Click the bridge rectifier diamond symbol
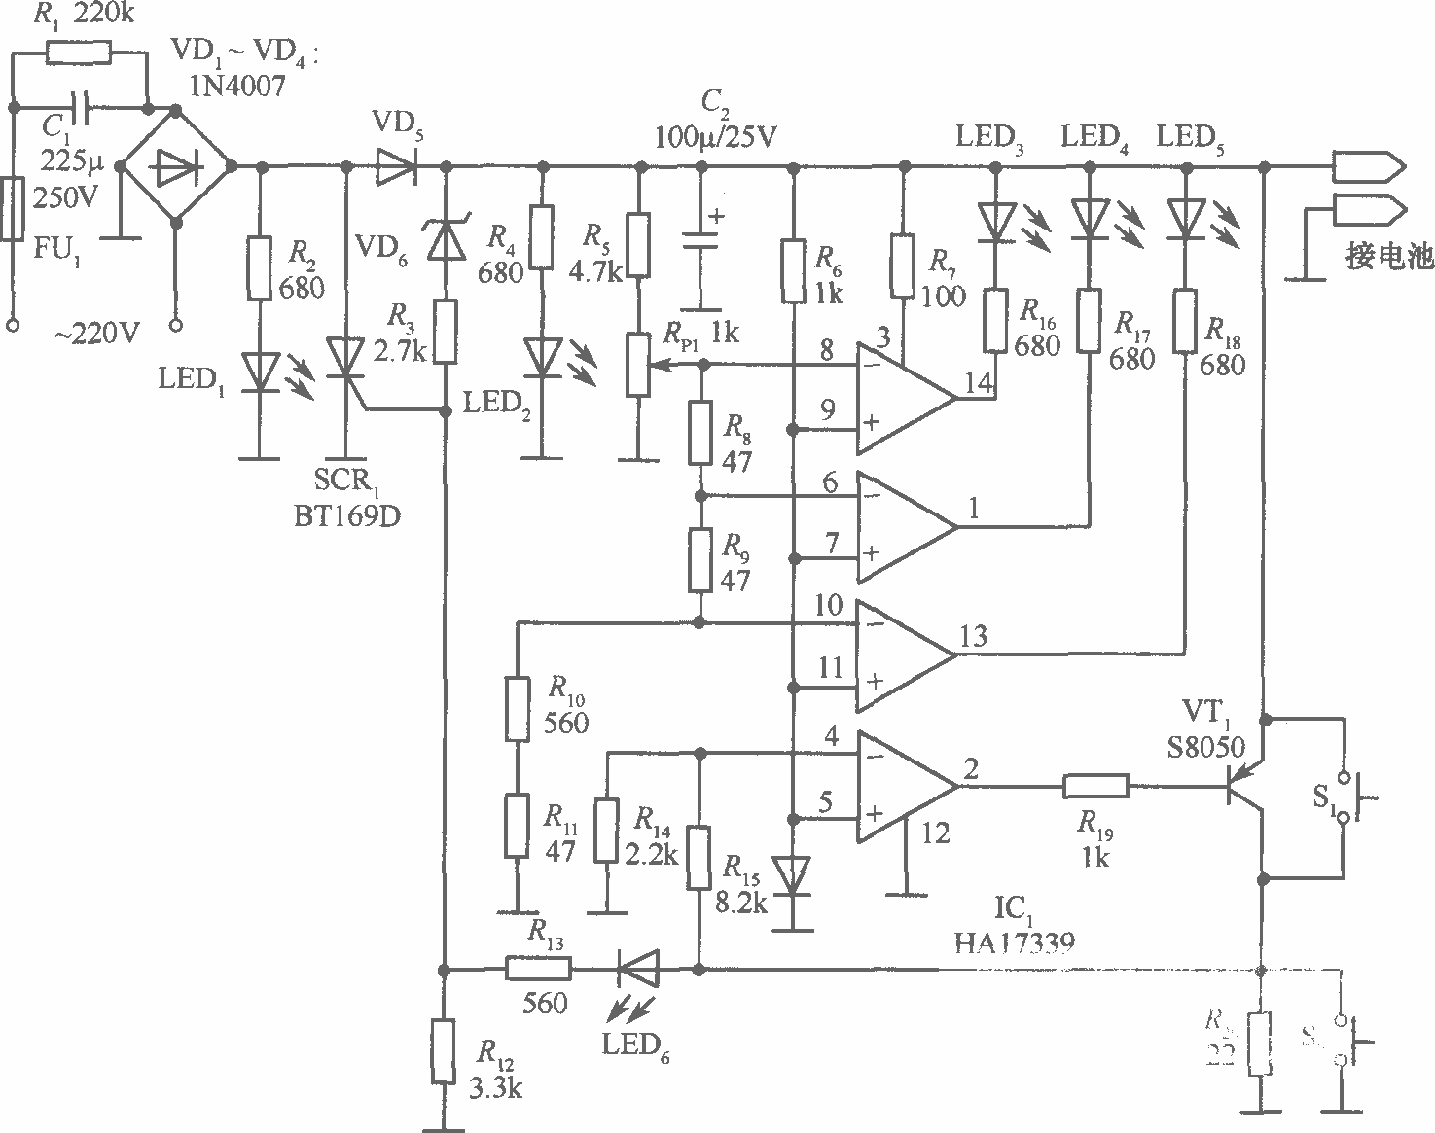(176, 167)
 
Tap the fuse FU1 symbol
(12, 208)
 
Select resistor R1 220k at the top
(79, 52)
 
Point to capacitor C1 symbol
(81, 106)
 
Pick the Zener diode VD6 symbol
(446, 238)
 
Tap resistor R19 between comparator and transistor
(1095, 786)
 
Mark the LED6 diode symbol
(638, 969)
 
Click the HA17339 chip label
(1017, 939)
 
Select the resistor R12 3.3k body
(443, 1052)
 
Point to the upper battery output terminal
(1367, 167)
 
